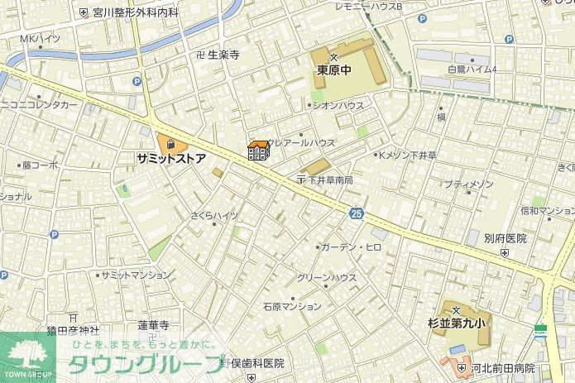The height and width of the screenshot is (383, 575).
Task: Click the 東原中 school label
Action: tap(334, 70)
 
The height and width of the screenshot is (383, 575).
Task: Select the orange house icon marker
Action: tap(258, 151)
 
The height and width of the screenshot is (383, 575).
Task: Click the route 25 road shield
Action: tap(356, 213)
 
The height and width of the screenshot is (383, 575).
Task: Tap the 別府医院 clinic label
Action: tap(506, 238)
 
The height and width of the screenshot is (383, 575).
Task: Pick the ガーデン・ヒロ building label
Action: tap(352, 247)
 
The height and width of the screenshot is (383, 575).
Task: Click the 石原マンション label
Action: tap(292, 306)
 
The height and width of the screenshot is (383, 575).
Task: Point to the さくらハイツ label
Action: tap(213, 215)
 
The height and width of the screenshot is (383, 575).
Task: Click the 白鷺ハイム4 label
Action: tap(472, 69)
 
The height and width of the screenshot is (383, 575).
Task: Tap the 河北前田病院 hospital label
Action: tap(502, 368)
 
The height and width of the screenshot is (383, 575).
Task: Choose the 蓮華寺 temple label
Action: tap(153, 325)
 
